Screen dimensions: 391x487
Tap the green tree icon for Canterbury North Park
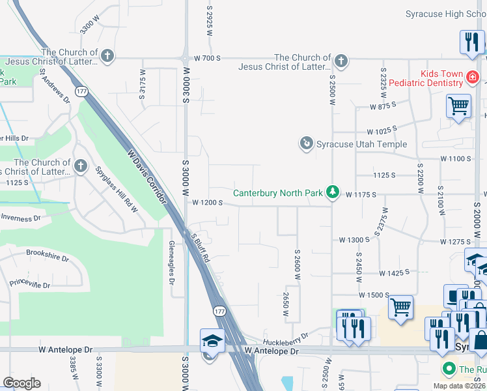333,192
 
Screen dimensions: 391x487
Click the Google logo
21,383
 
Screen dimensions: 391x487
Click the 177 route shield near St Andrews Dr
81,91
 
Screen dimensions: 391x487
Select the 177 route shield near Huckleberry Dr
220,311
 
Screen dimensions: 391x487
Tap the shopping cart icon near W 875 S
458,105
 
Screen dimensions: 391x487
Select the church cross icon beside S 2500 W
340,61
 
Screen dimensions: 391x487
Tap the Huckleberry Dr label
285,339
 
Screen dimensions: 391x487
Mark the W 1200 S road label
208,203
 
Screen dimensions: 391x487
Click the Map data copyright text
459,386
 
